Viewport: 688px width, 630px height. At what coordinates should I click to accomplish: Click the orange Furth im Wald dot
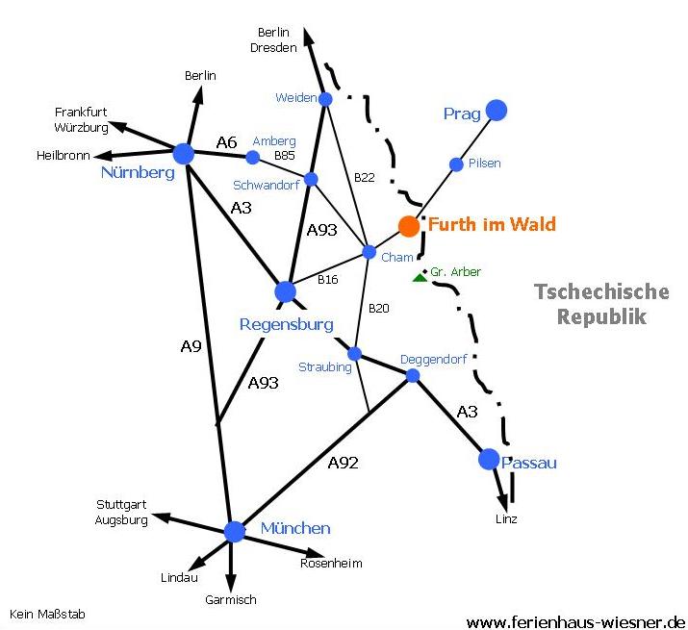tap(409, 226)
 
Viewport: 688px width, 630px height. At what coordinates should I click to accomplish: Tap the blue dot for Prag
tap(497, 111)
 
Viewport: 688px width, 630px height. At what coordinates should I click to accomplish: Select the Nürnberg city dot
tap(184, 152)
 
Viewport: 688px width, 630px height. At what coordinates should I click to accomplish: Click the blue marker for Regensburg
tap(285, 290)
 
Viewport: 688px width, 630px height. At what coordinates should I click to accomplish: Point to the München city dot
tap(235, 531)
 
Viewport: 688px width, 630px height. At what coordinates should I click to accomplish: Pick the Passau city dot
tap(489, 459)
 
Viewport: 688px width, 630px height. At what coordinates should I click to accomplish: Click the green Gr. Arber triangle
tap(419, 278)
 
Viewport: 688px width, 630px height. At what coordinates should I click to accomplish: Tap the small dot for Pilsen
tap(457, 164)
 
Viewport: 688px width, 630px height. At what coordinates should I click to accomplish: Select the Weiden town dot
tap(325, 99)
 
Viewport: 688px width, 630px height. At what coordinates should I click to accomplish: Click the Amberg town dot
tap(253, 157)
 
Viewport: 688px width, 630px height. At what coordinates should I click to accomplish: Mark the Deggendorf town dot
tap(414, 375)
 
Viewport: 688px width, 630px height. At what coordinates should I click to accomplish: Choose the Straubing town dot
tap(354, 353)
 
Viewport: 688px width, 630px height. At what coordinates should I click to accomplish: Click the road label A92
tap(343, 463)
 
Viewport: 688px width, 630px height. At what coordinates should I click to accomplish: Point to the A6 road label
tap(226, 142)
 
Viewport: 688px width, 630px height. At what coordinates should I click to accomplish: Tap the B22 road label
tap(364, 177)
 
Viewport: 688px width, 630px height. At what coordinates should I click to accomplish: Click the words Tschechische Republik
tap(601, 304)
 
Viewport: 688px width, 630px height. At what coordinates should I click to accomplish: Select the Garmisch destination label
tap(231, 600)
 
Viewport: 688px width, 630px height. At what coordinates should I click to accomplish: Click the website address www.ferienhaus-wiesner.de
tap(575, 621)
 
